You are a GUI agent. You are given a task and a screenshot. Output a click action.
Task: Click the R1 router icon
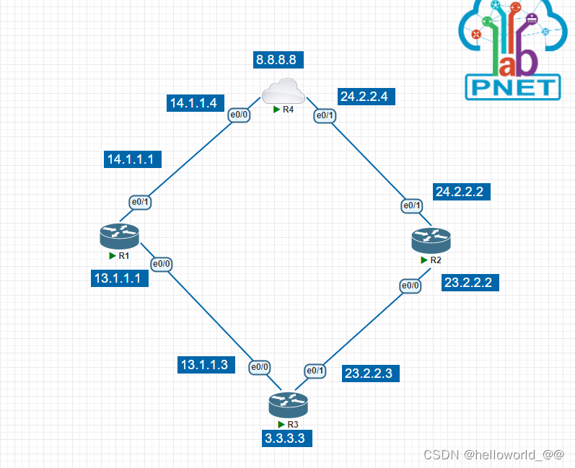[120, 234]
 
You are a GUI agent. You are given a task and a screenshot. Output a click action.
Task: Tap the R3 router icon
[288, 404]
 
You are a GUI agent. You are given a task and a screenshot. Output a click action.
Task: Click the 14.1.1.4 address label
[193, 103]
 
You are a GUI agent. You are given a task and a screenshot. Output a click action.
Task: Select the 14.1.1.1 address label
[133, 159]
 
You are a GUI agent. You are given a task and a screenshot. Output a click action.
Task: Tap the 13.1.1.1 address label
[120, 278]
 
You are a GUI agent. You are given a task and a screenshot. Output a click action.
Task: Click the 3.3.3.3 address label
[288, 438]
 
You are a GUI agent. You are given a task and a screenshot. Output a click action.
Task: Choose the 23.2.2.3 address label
[368, 373]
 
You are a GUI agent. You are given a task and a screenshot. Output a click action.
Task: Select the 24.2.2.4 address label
[366, 96]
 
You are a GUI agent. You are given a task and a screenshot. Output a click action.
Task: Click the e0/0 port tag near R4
[238, 115]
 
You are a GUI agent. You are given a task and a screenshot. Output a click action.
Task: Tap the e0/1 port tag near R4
[323, 115]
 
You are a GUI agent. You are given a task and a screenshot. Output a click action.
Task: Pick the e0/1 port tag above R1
[140, 202]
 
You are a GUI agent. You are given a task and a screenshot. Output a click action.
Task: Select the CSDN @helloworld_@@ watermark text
[493, 455]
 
